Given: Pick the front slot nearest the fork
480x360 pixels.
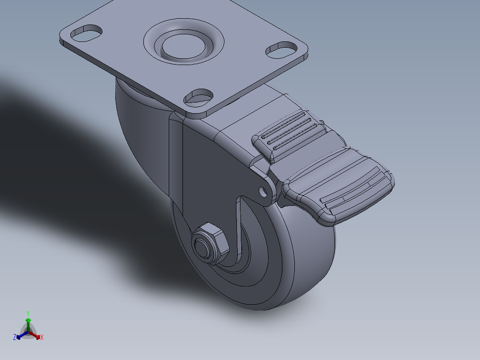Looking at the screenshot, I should (x=199, y=96).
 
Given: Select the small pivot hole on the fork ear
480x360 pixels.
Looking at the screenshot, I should (x=264, y=192).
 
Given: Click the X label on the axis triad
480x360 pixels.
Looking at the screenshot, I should (x=42, y=338).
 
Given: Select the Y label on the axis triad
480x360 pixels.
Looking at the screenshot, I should (x=28, y=313).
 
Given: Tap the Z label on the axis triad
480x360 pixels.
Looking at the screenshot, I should (x=15, y=337).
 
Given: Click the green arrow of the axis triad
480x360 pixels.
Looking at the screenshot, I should (x=28, y=323).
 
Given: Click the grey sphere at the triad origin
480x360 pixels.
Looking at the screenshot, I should (x=28, y=332).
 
